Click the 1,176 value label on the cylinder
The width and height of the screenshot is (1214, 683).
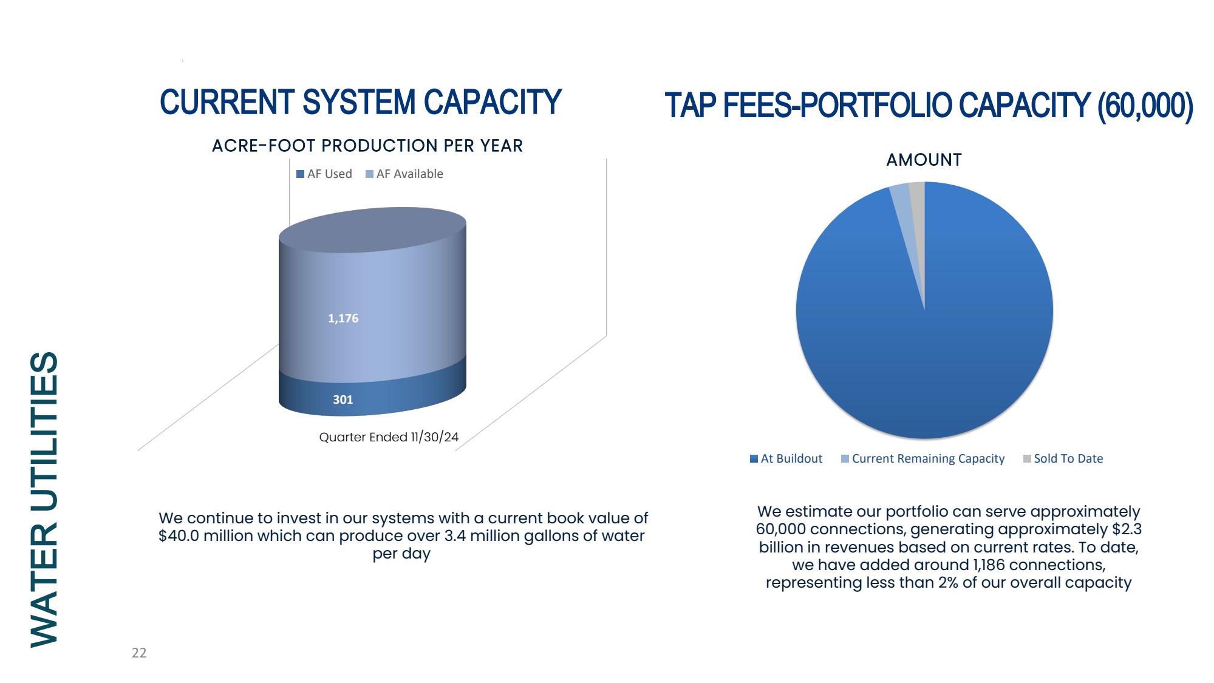click(x=343, y=318)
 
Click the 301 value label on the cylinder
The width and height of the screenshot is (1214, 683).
click(x=343, y=399)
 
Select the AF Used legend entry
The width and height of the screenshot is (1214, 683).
click(x=324, y=174)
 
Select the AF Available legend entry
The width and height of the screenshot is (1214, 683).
click(x=404, y=174)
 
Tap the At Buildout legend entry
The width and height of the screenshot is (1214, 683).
click(x=786, y=458)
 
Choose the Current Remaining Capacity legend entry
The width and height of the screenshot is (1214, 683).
click(x=923, y=458)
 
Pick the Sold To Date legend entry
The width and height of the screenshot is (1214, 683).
click(x=1063, y=458)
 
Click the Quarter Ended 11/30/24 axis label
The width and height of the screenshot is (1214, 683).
click(x=389, y=437)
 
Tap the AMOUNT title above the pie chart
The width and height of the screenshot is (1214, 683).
click(x=924, y=160)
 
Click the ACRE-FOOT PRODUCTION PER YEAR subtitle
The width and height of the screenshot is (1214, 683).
click(x=367, y=146)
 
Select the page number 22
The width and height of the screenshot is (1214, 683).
click(x=139, y=653)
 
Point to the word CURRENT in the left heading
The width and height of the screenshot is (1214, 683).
click(x=227, y=102)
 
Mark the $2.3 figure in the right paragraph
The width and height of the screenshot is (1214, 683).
click(x=1127, y=529)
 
